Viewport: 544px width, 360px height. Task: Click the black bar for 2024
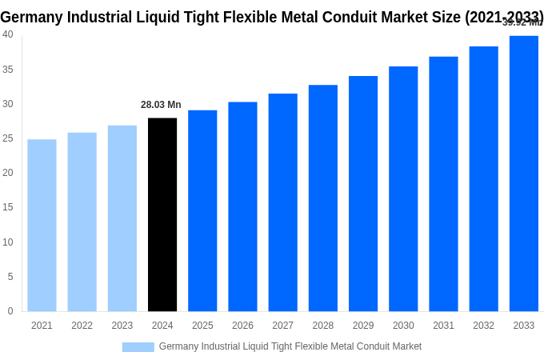pos(162,214)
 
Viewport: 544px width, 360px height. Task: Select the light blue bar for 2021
pos(42,225)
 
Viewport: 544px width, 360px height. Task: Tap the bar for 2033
pos(524,173)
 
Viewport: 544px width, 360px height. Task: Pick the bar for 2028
pos(323,198)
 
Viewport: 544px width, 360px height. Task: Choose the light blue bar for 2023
pos(122,218)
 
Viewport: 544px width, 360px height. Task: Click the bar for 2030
pos(403,189)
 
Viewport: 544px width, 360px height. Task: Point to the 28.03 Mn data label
pos(161,105)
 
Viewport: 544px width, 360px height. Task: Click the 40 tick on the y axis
pos(7,34)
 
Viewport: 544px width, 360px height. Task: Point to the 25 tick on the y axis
pos(7,138)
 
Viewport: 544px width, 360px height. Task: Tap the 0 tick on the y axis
pos(10,311)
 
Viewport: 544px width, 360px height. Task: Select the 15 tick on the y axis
pos(7,207)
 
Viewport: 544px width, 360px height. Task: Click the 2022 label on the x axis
pos(82,326)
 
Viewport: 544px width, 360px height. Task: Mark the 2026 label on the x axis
pos(242,326)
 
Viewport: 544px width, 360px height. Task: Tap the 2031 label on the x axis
pos(443,326)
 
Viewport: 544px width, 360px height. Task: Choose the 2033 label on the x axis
pos(524,326)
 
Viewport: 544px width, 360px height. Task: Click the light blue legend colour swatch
pos(138,346)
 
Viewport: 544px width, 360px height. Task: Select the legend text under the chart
pos(290,346)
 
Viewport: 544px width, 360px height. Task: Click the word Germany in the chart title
pos(33,17)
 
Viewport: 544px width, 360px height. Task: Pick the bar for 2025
pos(202,210)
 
